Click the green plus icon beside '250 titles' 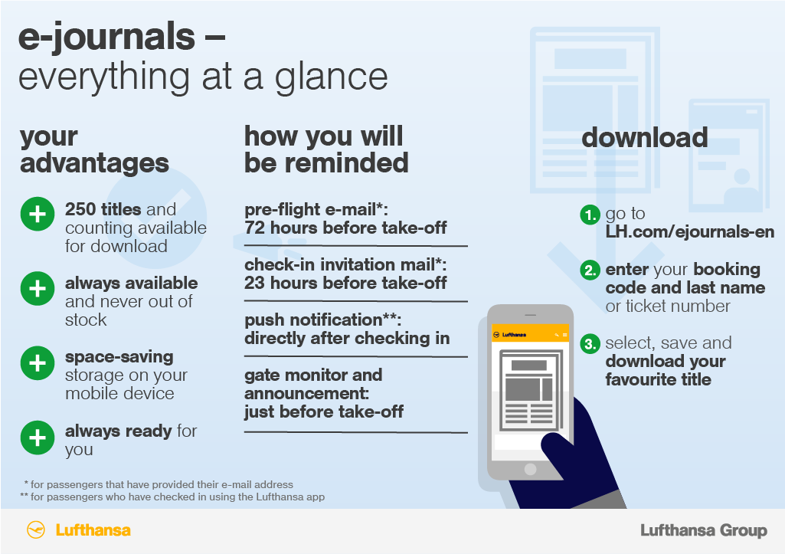coord(38,215)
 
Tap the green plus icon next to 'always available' coord(38,289)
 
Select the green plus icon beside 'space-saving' coord(38,363)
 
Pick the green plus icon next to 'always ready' coord(38,438)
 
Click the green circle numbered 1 coord(590,215)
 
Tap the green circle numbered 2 coord(590,270)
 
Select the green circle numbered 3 coord(590,343)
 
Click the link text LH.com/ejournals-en coord(690,232)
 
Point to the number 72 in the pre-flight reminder coord(255,228)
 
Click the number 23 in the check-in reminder coord(255,283)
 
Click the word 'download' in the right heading coord(645,137)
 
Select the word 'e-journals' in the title coord(106,37)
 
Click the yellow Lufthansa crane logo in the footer coord(35,530)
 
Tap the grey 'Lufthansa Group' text coord(704,530)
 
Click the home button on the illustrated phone coord(530,470)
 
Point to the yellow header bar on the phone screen coord(530,334)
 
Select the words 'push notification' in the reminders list coord(313,320)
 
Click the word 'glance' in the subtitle coord(331,77)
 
